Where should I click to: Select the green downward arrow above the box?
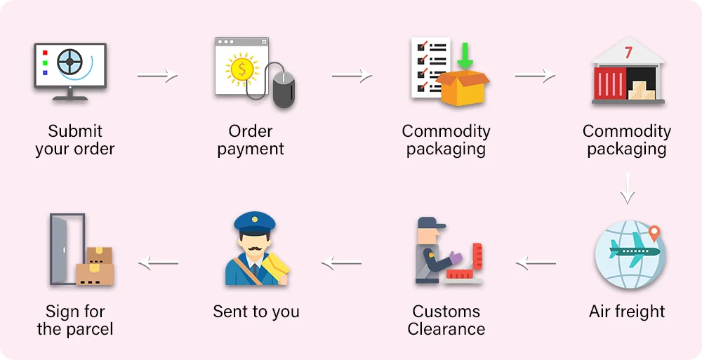pyautogui.click(x=464, y=55)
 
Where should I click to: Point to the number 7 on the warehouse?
pyautogui.click(x=628, y=53)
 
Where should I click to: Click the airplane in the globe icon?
pyautogui.click(x=635, y=251)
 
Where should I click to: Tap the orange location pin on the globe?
pyautogui.click(x=655, y=233)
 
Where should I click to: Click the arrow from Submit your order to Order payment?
pyautogui.click(x=157, y=75)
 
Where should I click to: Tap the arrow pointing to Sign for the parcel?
pyautogui.click(x=159, y=264)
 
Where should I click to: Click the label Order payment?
pyautogui.click(x=251, y=140)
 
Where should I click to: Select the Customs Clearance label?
pyautogui.click(x=446, y=320)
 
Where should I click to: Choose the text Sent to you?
pyautogui.click(x=256, y=312)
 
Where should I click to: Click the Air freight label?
pyautogui.click(x=627, y=312)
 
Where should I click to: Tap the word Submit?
pyautogui.click(x=75, y=131)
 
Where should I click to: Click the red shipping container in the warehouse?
pyautogui.click(x=609, y=84)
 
